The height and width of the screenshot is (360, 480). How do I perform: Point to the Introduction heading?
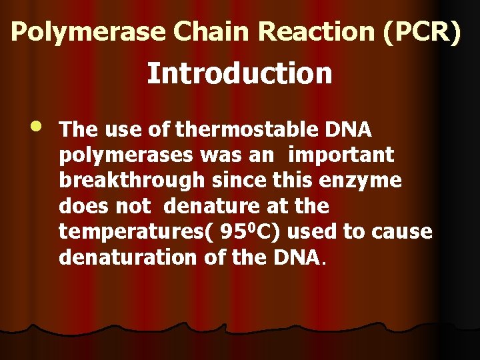click(x=239, y=73)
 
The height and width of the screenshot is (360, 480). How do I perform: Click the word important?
click(x=341, y=156)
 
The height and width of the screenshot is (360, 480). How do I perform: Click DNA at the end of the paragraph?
click(x=296, y=257)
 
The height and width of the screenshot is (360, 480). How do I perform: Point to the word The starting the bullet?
click(x=74, y=129)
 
